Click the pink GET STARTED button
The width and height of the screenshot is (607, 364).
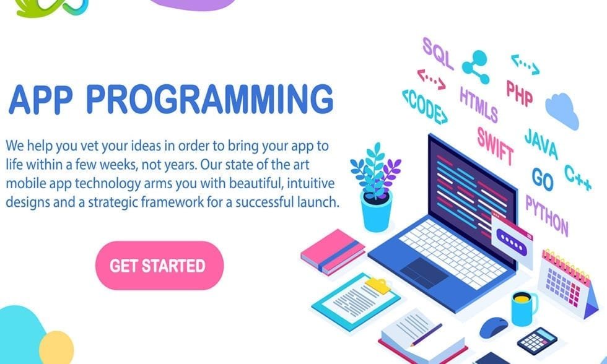159,266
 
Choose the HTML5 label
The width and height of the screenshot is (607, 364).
478,104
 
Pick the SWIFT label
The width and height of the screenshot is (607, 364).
495,144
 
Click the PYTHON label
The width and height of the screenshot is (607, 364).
546,214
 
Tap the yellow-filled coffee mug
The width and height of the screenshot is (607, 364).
523,307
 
